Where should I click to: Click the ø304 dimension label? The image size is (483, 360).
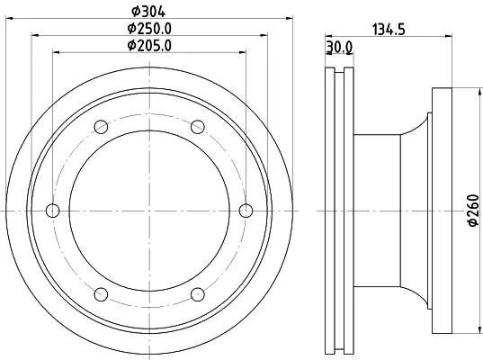[148, 12]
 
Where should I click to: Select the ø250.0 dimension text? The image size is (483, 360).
[149, 29]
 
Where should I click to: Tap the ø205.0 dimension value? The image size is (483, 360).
[149, 46]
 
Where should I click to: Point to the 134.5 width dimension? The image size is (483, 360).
[389, 30]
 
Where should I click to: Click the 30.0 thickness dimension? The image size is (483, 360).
[339, 47]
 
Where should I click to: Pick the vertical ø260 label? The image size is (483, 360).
[474, 211]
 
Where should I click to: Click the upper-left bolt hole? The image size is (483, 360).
[101, 127]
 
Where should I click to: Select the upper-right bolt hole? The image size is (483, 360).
[198, 127]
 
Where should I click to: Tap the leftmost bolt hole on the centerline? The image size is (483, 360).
[53, 211]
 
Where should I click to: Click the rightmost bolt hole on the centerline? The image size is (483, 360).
[246, 211]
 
